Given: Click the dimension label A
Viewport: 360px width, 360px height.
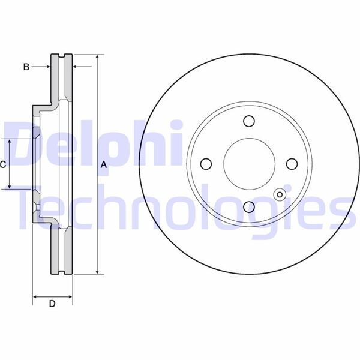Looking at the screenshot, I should [103, 164].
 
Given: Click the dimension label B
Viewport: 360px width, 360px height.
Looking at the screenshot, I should [26, 67].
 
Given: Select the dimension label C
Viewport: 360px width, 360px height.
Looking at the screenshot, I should [4, 163].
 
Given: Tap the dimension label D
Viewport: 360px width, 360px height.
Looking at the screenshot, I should [52, 304].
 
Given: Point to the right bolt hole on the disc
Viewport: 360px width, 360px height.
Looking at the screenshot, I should [292, 164].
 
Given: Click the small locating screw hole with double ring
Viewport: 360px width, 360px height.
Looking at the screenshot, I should [279, 194].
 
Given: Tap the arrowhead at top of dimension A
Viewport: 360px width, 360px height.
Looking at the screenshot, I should [96, 57].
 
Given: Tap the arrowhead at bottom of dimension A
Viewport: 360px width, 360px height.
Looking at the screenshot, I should [96, 272].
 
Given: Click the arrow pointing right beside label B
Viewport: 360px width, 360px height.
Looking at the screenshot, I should [46, 67].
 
